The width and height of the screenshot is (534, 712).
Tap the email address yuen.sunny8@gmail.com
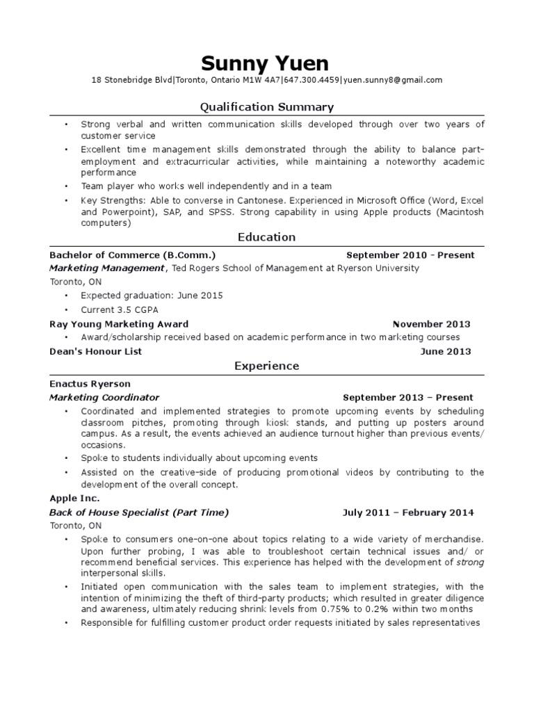point(393,80)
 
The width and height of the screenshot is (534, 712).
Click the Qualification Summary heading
point(266,107)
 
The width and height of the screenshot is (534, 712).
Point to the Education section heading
point(266,237)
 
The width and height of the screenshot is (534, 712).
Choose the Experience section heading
point(266,366)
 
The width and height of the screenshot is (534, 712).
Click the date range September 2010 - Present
point(410,255)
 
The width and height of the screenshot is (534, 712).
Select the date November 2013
point(431,324)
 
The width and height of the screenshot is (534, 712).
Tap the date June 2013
point(445,352)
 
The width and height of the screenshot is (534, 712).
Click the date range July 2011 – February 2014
point(408,513)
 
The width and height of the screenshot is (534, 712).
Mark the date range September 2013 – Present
point(408,398)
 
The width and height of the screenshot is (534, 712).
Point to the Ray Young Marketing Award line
point(119,324)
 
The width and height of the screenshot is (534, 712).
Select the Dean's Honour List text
point(96,352)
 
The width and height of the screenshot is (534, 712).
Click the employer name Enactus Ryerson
point(90,384)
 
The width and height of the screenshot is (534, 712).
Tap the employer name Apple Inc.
point(74,499)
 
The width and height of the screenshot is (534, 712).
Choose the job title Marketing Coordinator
point(104,398)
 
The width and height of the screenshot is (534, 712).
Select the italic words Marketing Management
point(107,268)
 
